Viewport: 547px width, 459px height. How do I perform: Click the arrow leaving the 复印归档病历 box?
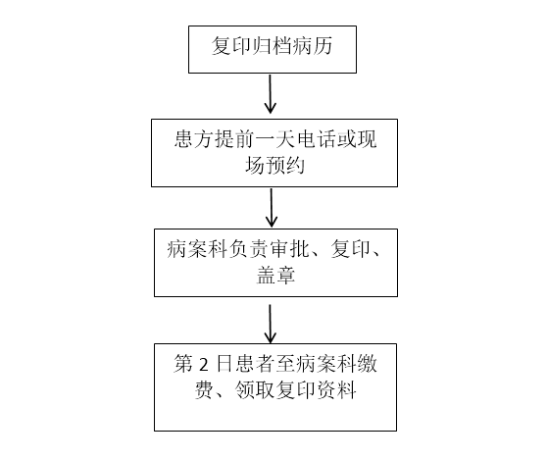click(x=270, y=93)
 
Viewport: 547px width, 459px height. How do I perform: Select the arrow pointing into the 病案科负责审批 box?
click(x=272, y=208)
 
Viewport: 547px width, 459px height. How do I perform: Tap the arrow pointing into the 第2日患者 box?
click(x=270, y=324)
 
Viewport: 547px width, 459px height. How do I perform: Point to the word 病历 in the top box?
click(x=313, y=46)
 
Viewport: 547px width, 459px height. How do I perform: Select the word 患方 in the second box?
click(x=194, y=139)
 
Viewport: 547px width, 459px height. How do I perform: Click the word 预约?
click(x=284, y=165)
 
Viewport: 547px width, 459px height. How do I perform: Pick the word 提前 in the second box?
click(x=234, y=139)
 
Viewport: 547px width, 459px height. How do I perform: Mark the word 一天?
click(x=275, y=139)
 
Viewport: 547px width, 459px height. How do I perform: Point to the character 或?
click(x=346, y=139)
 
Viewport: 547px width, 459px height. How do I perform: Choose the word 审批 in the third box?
click(x=290, y=249)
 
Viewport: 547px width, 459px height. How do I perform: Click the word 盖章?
click(x=275, y=275)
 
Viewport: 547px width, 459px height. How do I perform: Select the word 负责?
click(x=249, y=249)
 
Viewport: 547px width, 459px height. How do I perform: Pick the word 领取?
click(x=254, y=390)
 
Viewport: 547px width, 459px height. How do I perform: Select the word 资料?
click(x=336, y=390)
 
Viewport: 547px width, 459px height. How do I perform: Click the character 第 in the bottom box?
click(x=183, y=364)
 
